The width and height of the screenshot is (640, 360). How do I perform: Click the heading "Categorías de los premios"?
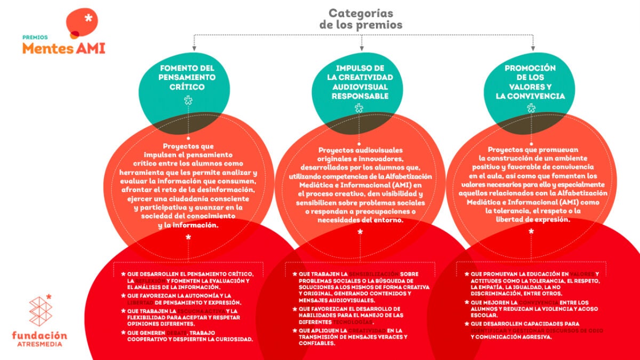[361, 19]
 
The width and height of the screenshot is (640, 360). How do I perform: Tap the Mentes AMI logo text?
[63, 48]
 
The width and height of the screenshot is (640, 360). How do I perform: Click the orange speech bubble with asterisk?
[82, 22]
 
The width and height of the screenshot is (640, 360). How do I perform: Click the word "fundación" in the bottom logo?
[39, 335]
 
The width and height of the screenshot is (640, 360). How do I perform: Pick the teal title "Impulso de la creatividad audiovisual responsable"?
[360, 82]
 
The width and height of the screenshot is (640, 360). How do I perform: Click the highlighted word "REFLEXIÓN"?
[150, 281]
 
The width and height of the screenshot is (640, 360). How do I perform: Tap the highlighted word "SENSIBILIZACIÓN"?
[375, 274]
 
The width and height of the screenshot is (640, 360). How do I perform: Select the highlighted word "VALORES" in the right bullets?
[578, 274]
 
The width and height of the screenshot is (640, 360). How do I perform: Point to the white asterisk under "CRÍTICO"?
[188, 100]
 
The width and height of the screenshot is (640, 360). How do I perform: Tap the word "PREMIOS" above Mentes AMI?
[35, 37]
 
